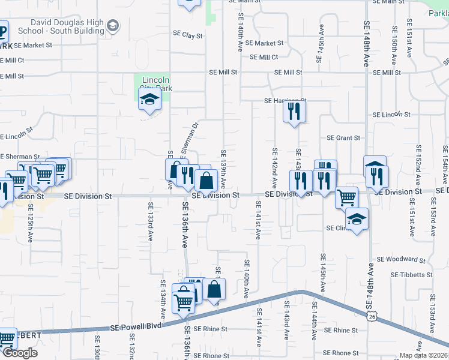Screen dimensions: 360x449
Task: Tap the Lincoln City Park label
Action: click(155, 84)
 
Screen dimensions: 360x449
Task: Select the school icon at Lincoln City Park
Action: click(149, 101)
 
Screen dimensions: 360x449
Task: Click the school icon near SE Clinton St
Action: click(357, 221)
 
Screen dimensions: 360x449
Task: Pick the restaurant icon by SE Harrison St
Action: click(294, 112)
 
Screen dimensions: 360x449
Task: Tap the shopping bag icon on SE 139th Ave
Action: click(206, 180)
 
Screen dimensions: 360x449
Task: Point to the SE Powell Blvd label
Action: click(137, 328)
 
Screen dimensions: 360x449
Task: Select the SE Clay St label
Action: click(187, 35)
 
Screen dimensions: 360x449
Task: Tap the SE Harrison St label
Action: click(285, 101)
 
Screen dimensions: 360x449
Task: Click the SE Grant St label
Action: click(343, 137)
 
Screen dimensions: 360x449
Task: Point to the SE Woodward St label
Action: click(400, 260)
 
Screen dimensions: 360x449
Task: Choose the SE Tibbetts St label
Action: click(411, 274)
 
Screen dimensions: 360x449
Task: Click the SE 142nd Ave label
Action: click(275, 167)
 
